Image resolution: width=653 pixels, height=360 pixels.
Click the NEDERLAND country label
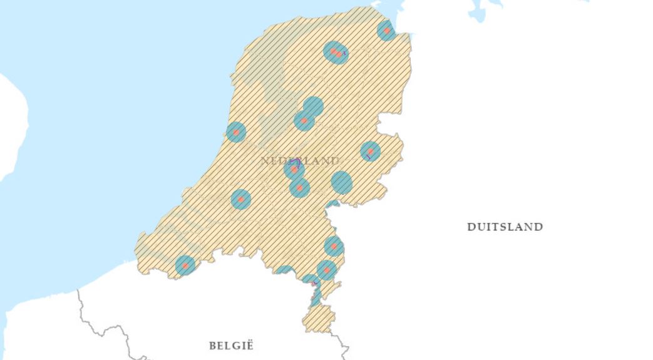pyautogui.click(x=300, y=161)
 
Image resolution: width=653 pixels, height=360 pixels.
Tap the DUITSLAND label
pyautogui.click(x=505, y=227)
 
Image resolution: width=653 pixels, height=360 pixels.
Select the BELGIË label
pyautogui.click(x=231, y=345)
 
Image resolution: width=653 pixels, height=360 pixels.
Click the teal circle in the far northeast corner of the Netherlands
pyautogui.click(x=387, y=30)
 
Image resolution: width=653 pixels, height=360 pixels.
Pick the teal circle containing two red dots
pyautogui.click(x=336, y=52)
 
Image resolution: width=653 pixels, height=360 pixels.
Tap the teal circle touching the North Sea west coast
pyautogui.click(x=235, y=132)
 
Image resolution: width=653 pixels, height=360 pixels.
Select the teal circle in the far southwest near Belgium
pyautogui.click(x=185, y=265)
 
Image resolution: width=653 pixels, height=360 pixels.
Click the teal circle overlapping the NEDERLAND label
pyautogui.click(x=294, y=168)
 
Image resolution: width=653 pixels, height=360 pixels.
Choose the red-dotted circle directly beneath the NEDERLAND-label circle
pyautogui.click(x=299, y=187)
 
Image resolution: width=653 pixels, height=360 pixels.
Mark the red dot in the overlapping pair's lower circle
pyautogui.click(x=304, y=121)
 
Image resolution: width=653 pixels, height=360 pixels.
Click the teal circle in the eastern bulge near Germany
pyautogui.click(x=370, y=151)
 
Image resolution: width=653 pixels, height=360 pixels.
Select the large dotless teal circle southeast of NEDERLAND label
pyautogui.click(x=341, y=182)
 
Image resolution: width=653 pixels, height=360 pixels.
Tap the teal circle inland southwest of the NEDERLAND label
pyautogui.click(x=240, y=199)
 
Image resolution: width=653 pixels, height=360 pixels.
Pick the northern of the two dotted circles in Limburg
pyautogui.click(x=334, y=246)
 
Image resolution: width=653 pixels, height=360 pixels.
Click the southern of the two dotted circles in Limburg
pyautogui.click(x=326, y=270)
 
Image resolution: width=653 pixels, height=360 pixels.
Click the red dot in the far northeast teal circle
pyautogui.click(x=387, y=30)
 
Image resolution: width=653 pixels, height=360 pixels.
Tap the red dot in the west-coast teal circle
pyautogui.click(x=235, y=132)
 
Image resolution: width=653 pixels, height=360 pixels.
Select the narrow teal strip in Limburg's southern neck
pyautogui.click(x=316, y=296)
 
